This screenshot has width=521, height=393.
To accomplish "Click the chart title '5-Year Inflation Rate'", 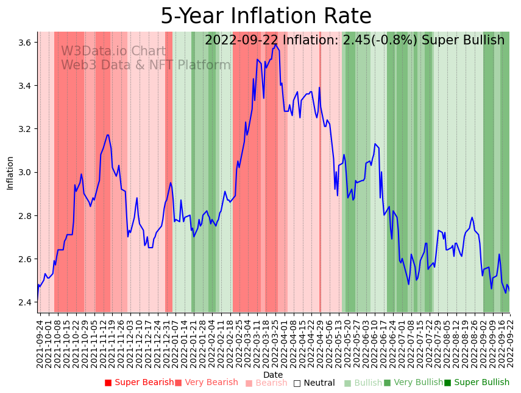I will click(266, 16).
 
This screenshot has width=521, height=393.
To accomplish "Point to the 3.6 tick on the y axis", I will click(26, 43).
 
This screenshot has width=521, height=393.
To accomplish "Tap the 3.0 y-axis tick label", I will click(26, 173).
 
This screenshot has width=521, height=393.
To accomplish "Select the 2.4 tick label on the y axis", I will click(26, 302).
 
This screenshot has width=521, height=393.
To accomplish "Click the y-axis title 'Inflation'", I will click(10, 173).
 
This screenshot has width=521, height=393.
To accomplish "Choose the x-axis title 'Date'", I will click(273, 375).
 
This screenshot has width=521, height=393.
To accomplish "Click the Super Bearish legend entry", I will click(139, 383).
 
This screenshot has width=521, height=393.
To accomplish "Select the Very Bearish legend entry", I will click(207, 383).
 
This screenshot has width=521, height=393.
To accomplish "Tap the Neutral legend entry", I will click(314, 383).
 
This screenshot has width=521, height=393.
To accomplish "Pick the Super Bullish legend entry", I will click(477, 383).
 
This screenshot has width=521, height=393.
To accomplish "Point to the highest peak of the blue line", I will click(275, 44).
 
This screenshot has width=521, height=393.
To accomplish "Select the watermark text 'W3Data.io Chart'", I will click(113, 51).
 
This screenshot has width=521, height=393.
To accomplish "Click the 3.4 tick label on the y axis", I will click(26, 86).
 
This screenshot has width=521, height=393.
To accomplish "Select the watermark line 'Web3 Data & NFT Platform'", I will click(146, 65).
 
